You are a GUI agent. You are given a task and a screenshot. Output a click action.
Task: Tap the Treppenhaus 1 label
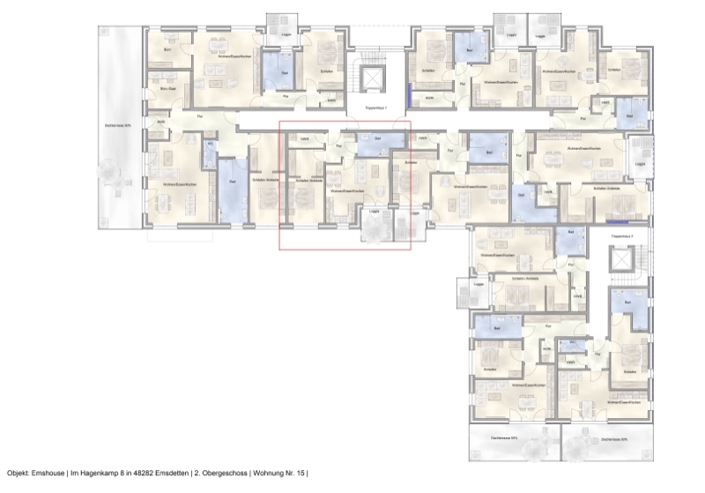(x=375, y=107)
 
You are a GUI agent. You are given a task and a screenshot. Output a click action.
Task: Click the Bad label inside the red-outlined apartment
(x=378, y=138)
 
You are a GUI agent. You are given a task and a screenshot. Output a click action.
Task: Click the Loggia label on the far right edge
(x=640, y=165)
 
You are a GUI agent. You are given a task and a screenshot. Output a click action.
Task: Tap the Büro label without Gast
(x=167, y=50)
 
